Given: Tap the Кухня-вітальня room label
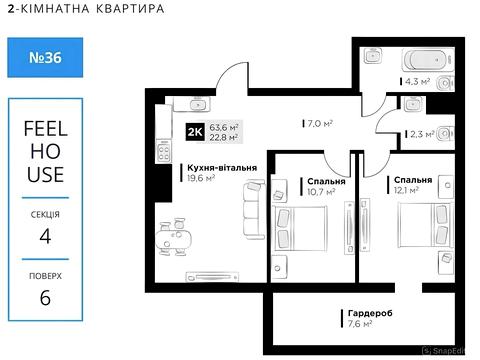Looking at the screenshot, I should click(221, 168).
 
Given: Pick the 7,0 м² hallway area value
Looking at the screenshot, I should click(318, 124).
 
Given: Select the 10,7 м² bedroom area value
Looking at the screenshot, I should click(320, 191).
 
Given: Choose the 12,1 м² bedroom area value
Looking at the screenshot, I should click(405, 190).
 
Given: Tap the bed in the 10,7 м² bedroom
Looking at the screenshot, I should click(311, 231).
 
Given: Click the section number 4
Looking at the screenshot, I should click(44, 236).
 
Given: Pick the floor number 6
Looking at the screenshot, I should click(44, 299).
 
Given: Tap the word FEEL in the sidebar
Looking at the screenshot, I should click(44, 128).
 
